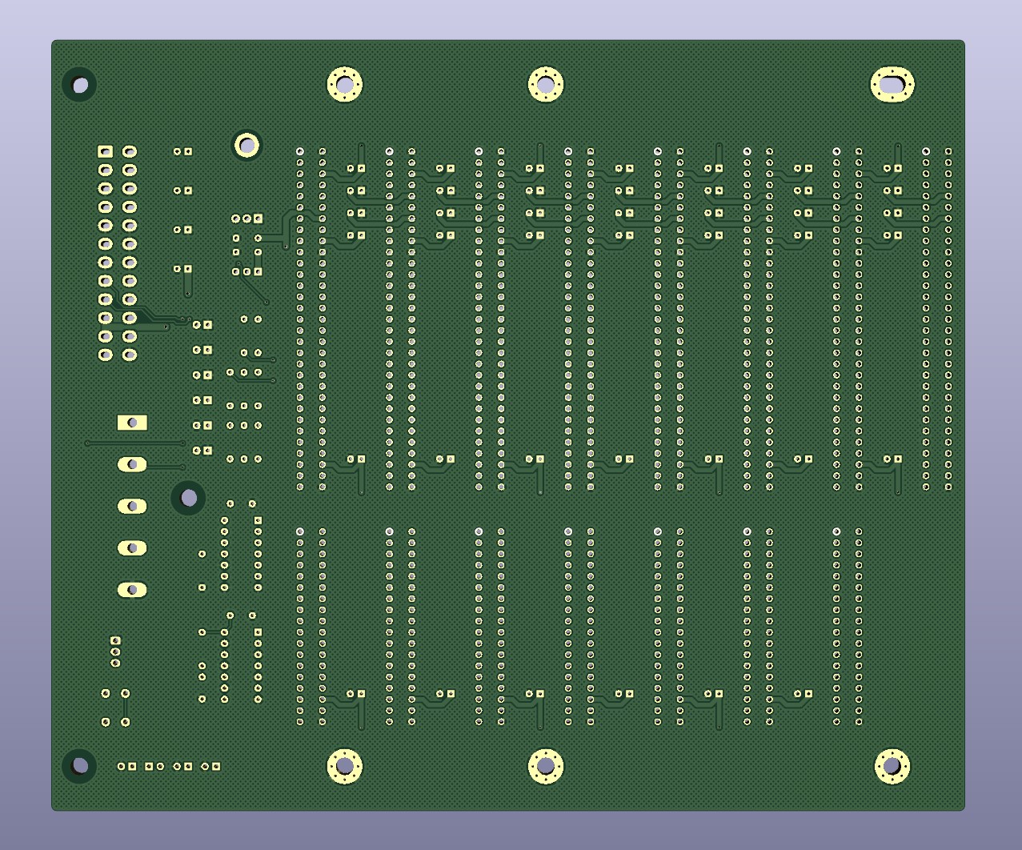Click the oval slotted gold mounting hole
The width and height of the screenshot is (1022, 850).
click(x=892, y=85)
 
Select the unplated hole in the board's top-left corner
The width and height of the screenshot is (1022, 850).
click(x=80, y=85)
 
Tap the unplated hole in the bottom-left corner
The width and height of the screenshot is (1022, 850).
click(x=80, y=766)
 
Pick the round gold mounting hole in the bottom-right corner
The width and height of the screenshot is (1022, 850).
click(x=892, y=766)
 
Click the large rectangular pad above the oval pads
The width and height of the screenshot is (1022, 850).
click(x=132, y=423)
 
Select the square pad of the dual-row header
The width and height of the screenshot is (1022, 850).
click(x=105, y=151)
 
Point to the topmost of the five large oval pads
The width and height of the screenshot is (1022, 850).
click(x=132, y=464)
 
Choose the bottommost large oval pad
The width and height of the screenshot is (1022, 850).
click(x=132, y=590)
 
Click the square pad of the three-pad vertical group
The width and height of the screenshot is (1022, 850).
click(x=115, y=641)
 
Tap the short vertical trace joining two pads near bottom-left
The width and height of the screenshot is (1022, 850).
click(x=126, y=708)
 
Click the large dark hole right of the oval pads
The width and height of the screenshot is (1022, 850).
click(x=189, y=498)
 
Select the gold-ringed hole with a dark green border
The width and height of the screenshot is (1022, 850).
click(x=246, y=146)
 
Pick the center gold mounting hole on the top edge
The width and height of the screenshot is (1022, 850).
click(x=546, y=84)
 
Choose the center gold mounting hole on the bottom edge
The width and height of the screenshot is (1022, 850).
click(x=546, y=766)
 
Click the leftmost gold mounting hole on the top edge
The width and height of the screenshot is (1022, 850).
click(x=345, y=84)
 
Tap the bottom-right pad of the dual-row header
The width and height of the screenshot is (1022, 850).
click(x=130, y=355)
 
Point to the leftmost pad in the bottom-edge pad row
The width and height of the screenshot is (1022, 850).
click(x=122, y=766)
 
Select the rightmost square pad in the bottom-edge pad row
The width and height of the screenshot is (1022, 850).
click(x=216, y=766)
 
